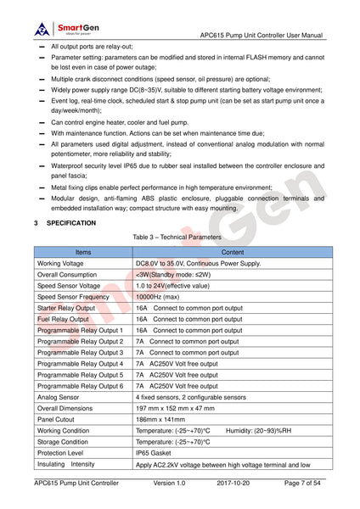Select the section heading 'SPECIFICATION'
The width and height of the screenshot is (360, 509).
pos(71,223)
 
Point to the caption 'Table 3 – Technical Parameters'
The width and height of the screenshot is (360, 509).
pos(179,238)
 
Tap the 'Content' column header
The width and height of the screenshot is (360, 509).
pos(232,253)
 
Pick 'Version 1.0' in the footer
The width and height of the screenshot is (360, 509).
pos(169,483)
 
